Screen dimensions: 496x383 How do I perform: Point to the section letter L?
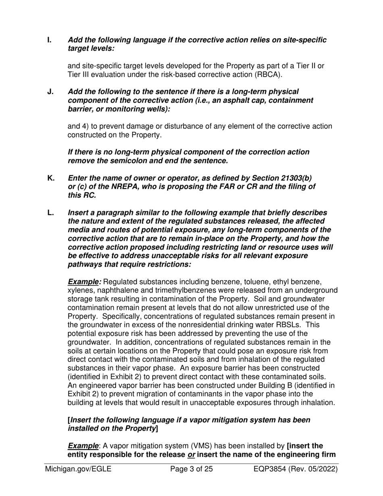pos(50,213)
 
